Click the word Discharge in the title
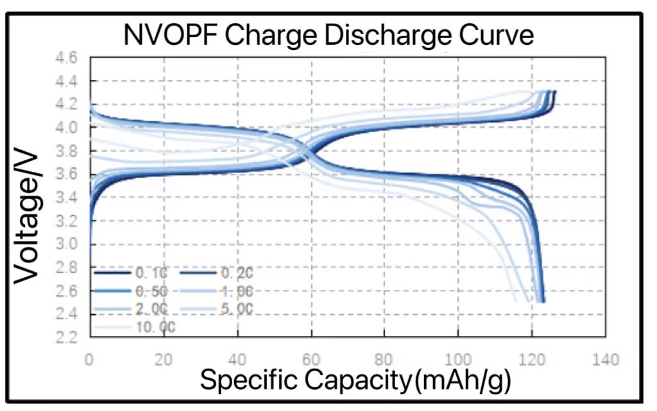click(375, 35)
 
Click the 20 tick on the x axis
click(164, 360)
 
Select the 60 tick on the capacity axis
click(311, 360)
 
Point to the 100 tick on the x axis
click(458, 360)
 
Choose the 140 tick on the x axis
click(605, 360)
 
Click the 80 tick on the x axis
click(384, 360)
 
